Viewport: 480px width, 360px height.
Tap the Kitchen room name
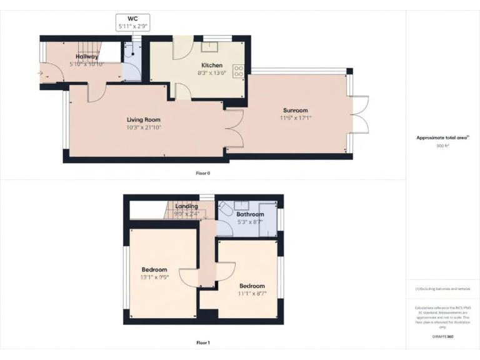pyautogui.click(x=212, y=65)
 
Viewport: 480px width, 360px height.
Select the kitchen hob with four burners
pyautogui.click(x=238, y=71)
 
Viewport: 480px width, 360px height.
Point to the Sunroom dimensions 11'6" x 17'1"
pyautogui.click(x=295, y=117)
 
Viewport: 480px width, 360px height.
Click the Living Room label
pyautogui.click(x=144, y=120)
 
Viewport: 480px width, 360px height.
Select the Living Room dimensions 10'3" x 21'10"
pyautogui.click(x=144, y=127)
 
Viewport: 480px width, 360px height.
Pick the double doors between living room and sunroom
pyautogui.click(x=234, y=130)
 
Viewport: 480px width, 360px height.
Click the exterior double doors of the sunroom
pyautogui.click(x=360, y=115)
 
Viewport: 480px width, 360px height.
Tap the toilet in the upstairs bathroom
pyautogui.click(x=226, y=207)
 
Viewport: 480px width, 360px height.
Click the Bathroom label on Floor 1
pyautogui.click(x=250, y=214)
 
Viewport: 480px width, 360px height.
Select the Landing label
pyautogui.click(x=186, y=206)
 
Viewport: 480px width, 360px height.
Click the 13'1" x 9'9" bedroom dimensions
pyautogui.click(x=154, y=277)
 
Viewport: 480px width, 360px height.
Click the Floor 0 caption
pyautogui.click(x=203, y=173)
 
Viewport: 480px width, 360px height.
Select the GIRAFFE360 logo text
pyautogui.click(x=442, y=336)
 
